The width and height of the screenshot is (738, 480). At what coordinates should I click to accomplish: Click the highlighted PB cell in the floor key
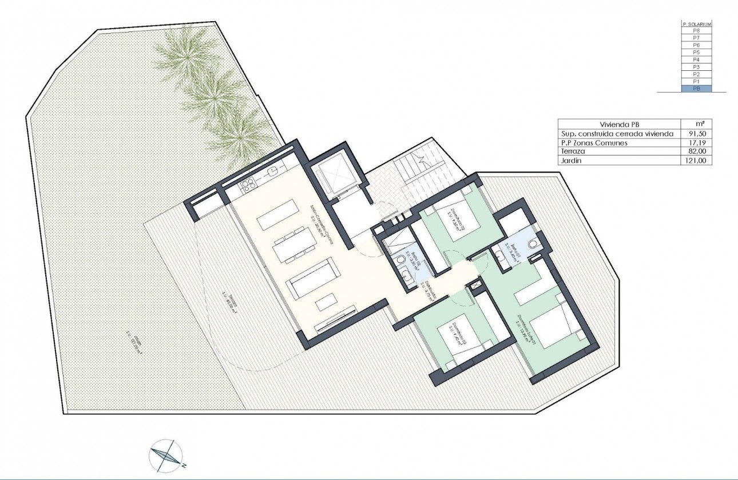coord(696,89)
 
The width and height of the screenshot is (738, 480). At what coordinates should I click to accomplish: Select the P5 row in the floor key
coord(696,52)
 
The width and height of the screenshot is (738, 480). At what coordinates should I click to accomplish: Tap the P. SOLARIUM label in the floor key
coord(696,23)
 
